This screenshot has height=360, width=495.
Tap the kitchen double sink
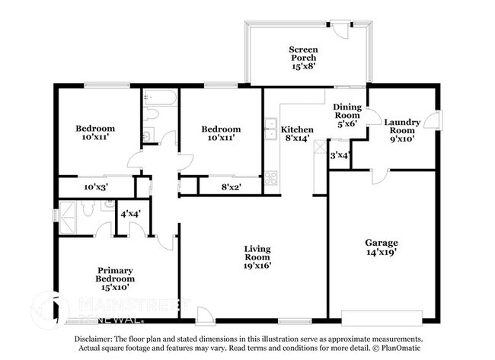click(x=270, y=130)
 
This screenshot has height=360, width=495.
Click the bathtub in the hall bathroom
click(x=159, y=98)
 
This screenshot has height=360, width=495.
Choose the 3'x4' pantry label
click(x=339, y=155)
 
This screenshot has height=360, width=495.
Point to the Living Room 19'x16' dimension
click(x=257, y=266)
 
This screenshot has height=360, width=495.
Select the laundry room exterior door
click(x=433, y=120)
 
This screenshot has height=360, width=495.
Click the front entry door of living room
click(x=204, y=314)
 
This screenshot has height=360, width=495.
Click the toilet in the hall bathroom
click(x=152, y=115)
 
